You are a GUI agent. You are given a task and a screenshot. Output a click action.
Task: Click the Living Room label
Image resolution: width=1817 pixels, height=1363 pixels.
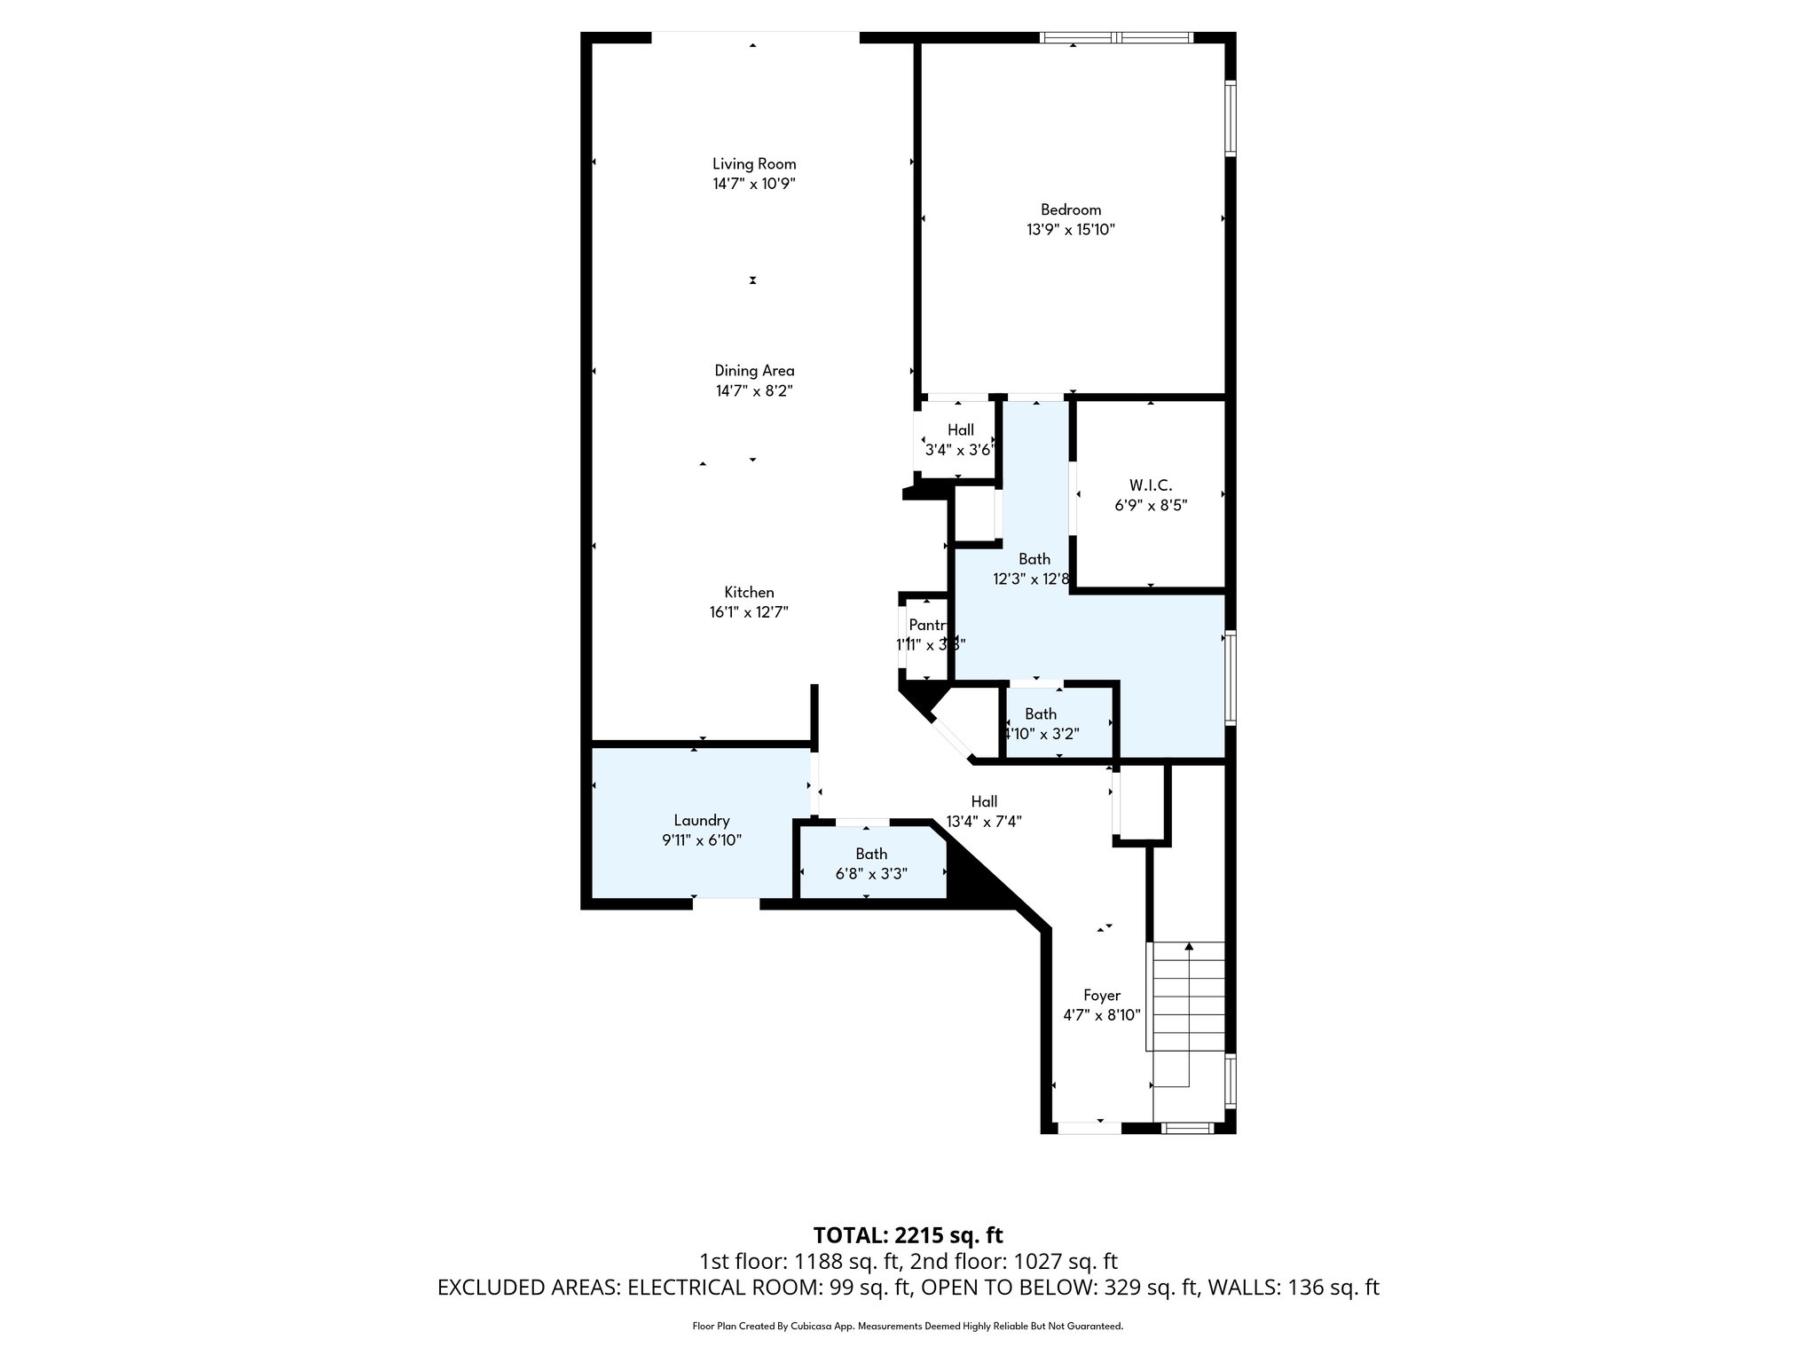click(x=754, y=164)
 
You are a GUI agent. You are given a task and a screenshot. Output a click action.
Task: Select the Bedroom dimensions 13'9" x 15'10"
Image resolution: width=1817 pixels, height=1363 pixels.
click(x=1070, y=230)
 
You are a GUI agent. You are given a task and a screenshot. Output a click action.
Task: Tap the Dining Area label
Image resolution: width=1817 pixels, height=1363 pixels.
click(x=754, y=371)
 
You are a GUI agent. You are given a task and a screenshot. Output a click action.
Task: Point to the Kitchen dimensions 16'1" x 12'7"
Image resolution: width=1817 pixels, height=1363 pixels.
click(x=749, y=612)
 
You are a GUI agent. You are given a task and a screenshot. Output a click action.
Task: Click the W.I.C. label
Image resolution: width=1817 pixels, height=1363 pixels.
click(x=1150, y=485)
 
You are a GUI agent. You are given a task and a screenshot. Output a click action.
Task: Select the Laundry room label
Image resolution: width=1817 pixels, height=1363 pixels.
click(x=701, y=821)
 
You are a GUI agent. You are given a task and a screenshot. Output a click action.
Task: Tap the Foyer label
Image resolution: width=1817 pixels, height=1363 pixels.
click(x=1101, y=996)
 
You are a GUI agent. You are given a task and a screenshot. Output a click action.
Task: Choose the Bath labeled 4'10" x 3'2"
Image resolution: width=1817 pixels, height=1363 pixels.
click(x=1040, y=714)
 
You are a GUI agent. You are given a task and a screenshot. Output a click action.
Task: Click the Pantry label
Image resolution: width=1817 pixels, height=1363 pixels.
click(x=927, y=626)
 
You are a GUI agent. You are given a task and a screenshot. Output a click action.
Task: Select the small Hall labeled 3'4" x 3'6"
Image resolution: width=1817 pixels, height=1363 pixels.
click(x=960, y=430)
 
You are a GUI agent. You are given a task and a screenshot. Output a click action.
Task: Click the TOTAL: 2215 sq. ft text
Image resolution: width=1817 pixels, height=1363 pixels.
click(x=908, y=1235)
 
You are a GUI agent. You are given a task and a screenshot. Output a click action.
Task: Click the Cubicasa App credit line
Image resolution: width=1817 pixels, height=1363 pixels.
click(x=908, y=1327)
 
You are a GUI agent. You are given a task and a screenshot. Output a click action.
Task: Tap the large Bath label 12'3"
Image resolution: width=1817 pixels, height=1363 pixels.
click(x=1034, y=559)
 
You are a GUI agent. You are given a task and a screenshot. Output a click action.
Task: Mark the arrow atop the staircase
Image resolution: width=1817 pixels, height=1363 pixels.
click(x=1189, y=947)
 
